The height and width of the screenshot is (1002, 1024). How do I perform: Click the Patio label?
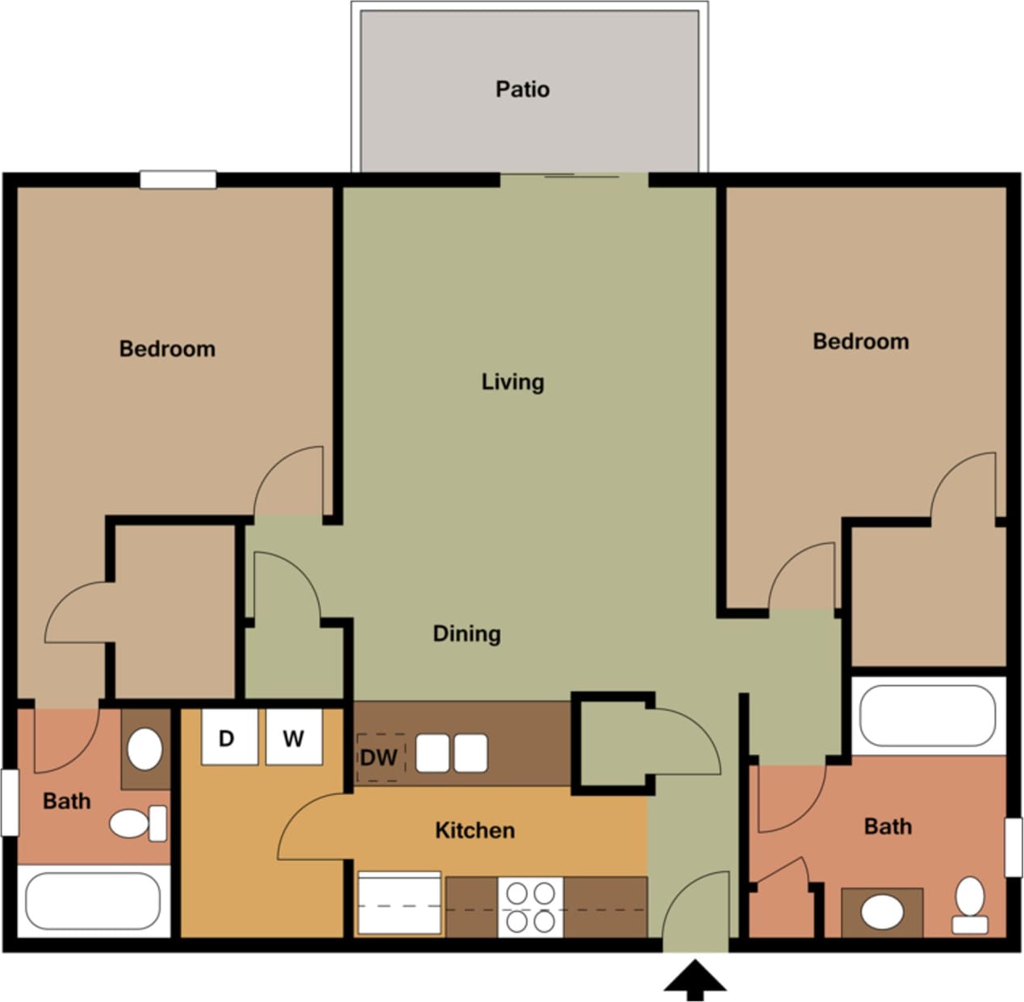pyautogui.click(x=522, y=89)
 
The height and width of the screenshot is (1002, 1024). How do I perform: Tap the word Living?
pyautogui.click(x=512, y=382)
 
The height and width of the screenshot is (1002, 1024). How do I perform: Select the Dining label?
pyautogui.click(x=466, y=633)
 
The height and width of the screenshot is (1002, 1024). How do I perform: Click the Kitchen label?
pyautogui.click(x=474, y=830)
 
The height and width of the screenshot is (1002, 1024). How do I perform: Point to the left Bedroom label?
pyautogui.click(x=167, y=349)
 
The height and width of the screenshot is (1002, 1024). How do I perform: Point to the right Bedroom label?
pyautogui.click(x=860, y=341)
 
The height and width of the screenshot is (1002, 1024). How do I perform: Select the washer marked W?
pyautogui.click(x=294, y=737)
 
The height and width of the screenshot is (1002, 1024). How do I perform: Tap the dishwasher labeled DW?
pyautogui.click(x=379, y=758)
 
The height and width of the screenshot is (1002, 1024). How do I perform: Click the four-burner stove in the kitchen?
pyautogui.click(x=530, y=907)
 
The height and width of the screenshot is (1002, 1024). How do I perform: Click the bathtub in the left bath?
pyautogui.click(x=93, y=900)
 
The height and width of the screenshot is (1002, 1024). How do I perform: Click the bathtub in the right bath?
pyautogui.click(x=927, y=716)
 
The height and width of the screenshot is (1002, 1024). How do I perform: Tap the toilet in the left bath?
pyautogui.click(x=137, y=824)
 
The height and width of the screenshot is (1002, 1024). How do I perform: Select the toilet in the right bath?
pyautogui.click(x=970, y=904)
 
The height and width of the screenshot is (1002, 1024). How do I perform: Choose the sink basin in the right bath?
pyautogui.click(x=882, y=912)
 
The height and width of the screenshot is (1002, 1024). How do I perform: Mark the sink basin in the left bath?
pyautogui.click(x=145, y=749)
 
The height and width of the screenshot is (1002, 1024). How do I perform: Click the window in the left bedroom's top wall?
pyautogui.click(x=178, y=180)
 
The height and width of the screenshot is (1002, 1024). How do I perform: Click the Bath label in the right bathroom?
pyautogui.click(x=887, y=826)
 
